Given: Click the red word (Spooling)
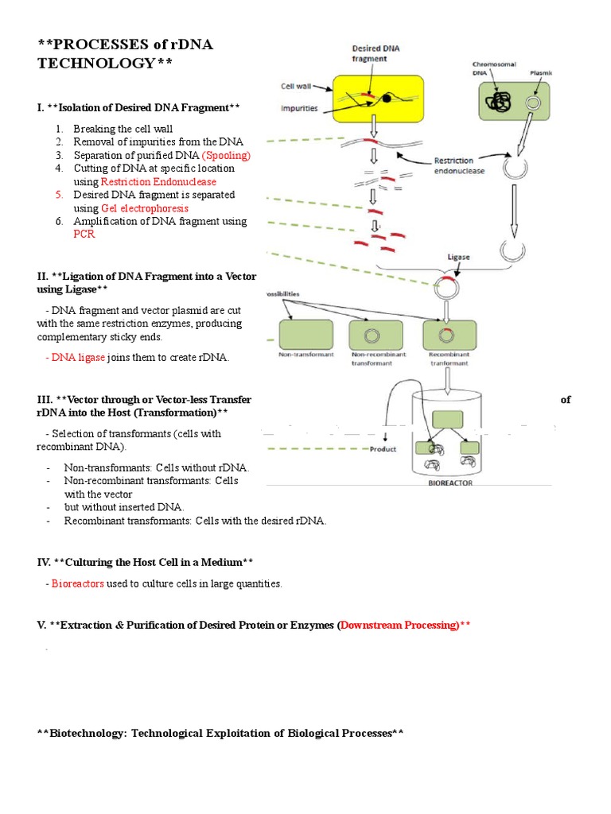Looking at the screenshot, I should pyautogui.click(x=226, y=155).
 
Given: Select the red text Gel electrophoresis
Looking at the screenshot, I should pyautogui.click(x=145, y=208).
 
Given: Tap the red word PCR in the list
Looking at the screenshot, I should pyautogui.click(x=84, y=235).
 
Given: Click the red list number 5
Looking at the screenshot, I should pyautogui.click(x=59, y=195).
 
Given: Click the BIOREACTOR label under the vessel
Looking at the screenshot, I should pyautogui.click(x=449, y=481).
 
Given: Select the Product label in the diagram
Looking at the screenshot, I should pyautogui.click(x=383, y=449).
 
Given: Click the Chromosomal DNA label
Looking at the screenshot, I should pyautogui.click(x=489, y=68).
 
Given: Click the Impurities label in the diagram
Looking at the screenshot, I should pyautogui.click(x=298, y=109).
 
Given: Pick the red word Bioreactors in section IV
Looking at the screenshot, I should pyautogui.click(x=78, y=583).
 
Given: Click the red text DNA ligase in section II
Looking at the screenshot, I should pyautogui.click(x=78, y=358).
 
